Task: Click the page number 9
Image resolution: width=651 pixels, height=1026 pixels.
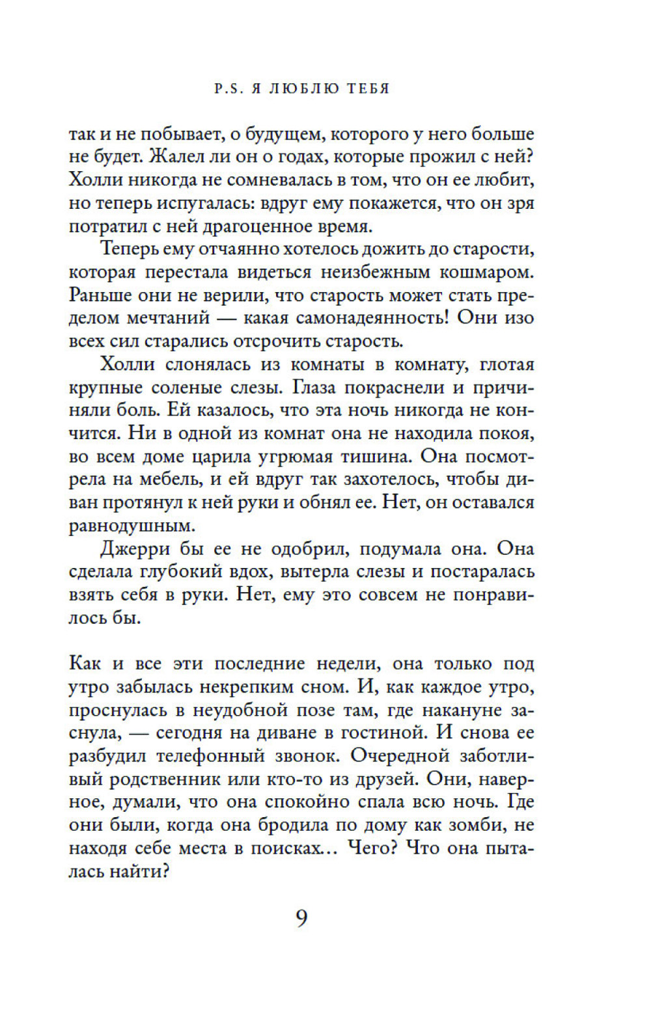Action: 301,917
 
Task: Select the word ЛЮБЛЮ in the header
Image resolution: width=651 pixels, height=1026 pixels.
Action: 304,88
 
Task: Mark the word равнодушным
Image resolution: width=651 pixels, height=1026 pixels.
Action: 132,525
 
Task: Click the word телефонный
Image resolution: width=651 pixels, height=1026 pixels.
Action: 210,756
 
